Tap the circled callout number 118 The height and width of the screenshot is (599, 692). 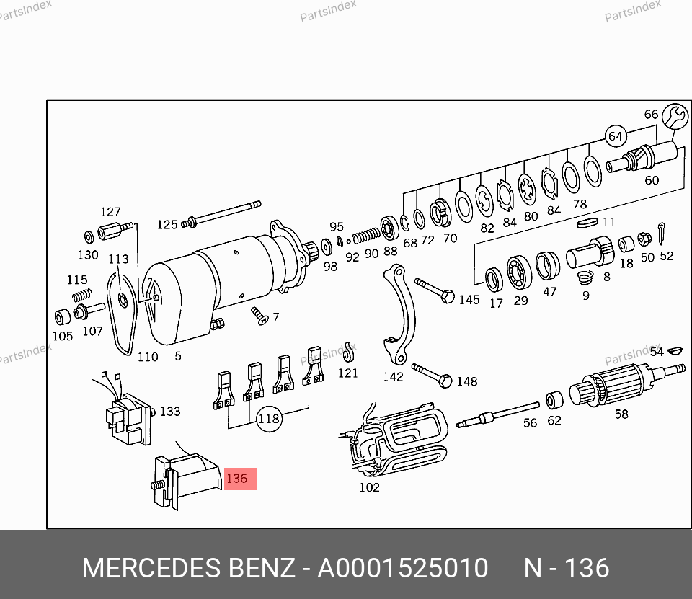[x=269, y=418]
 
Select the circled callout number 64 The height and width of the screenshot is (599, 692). [x=615, y=136]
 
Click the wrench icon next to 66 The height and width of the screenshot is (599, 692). [x=675, y=115]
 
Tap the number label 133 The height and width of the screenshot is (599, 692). [x=170, y=412]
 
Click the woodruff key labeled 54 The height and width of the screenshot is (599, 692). [x=675, y=352]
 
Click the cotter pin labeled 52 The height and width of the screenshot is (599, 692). [x=663, y=235]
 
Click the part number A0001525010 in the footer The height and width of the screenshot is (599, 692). [x=403, y=569]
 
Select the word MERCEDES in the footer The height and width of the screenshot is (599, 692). [x=151, y=569]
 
